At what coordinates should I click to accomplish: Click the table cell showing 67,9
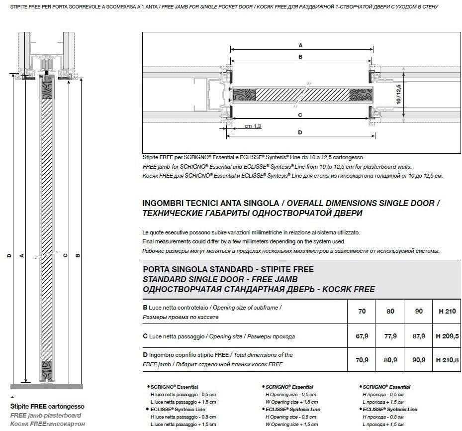click(x=362, y=336)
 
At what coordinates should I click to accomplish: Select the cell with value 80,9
click(x=390, y=359)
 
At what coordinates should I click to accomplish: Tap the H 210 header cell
click(x=446, y=312)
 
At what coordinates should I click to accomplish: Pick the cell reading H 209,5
click(x=447, y=336)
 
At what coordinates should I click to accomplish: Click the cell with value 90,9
click(x=419, y=359)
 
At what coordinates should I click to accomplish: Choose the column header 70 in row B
click(x=362, y=312)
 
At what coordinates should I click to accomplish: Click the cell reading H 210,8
click(x=447, y=359)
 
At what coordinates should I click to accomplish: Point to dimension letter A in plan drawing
click(x=300, y=45)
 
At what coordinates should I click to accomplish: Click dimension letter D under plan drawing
click(x=300, y=132)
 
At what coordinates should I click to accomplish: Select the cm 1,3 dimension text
click(x=253, y=126)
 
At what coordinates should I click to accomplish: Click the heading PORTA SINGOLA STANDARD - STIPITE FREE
click(x=228, y=269)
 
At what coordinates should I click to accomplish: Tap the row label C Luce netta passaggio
click(x=219, y=336)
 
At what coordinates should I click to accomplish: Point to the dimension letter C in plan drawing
click(x=300, y=115)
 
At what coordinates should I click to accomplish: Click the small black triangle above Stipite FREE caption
click(x=12, y=397)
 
